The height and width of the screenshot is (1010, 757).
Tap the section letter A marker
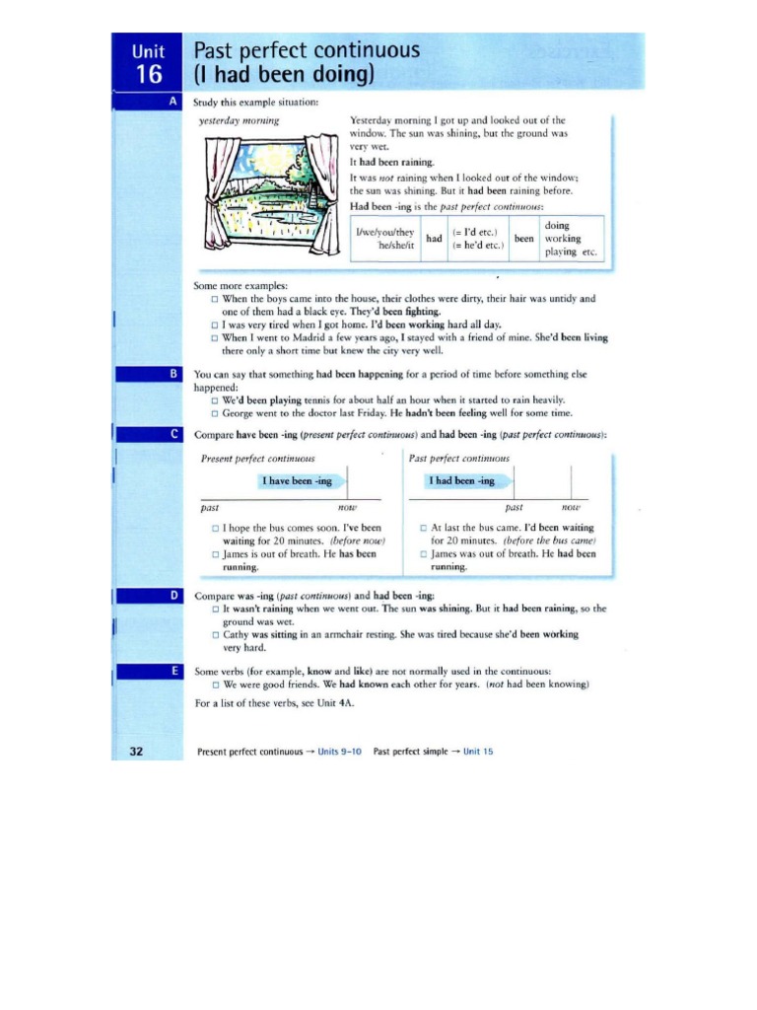(x=173, y=102)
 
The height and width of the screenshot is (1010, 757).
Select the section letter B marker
(x=173, y=375)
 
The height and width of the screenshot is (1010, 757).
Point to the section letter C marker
(x=173, y=434)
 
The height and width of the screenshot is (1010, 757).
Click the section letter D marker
(x=173, y=596)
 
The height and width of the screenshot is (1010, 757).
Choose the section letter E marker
(x=173, y=670)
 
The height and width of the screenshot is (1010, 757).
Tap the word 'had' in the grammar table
(x=434, y=239)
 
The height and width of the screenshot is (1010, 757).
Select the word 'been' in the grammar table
(x=523, y=239)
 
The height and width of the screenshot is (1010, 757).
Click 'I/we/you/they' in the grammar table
(x=385, y=233)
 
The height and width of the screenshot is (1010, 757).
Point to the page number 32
(x=137, y=751)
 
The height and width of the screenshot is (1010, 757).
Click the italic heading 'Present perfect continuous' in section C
(x=257, y=459)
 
